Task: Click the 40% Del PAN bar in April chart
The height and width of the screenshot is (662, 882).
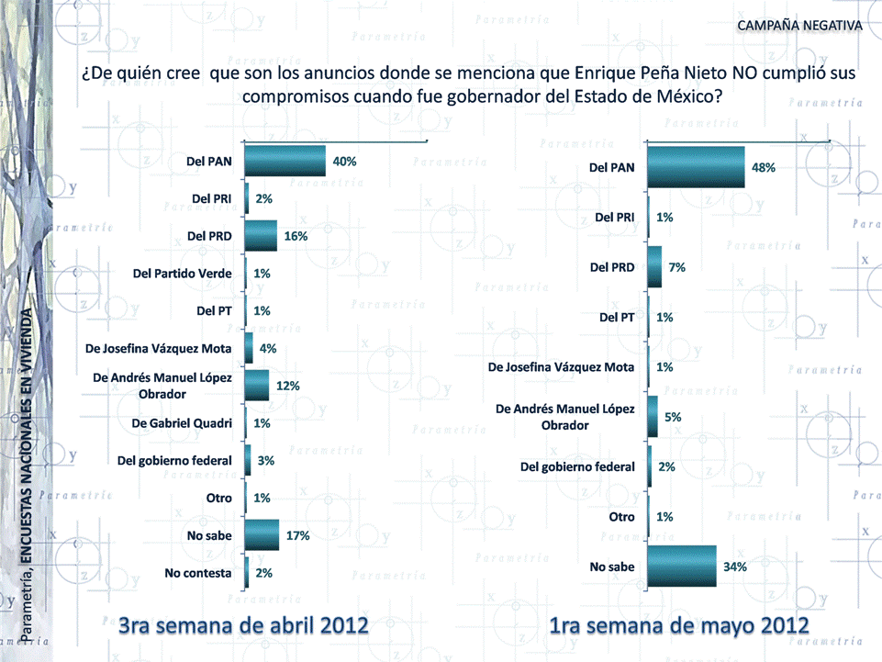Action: click(285, 161)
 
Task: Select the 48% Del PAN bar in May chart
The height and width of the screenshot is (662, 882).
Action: click(696, 168)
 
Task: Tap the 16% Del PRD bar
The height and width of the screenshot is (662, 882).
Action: click(261, 236)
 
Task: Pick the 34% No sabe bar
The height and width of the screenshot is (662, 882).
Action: click(681, 567)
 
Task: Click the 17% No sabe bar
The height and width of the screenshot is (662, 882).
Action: click(262, 535)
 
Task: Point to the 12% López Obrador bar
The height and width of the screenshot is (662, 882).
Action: click(257, 386)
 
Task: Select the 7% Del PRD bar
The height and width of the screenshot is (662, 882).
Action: click(654, 267)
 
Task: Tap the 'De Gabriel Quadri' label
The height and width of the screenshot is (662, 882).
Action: click(183, 423)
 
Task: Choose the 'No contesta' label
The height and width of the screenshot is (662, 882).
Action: click(197, 573)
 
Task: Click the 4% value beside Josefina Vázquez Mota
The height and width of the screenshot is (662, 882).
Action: click(267, 348)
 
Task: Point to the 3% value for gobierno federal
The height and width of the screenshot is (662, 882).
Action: click(266, 460)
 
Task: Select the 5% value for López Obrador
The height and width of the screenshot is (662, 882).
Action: click(673, 417)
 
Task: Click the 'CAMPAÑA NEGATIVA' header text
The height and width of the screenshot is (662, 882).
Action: click(799, 24)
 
